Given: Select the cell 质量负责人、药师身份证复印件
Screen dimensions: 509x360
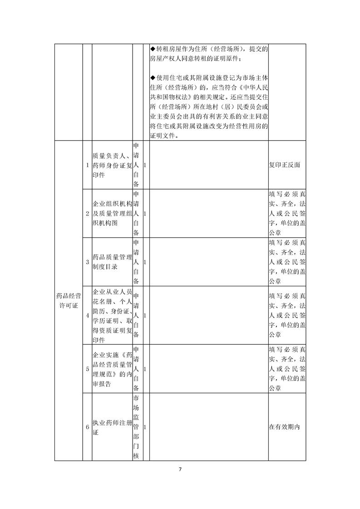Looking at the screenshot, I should point(112,165).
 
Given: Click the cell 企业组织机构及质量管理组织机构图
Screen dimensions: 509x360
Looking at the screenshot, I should point(112,213).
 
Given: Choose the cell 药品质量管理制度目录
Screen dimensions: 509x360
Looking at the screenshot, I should point(112,262).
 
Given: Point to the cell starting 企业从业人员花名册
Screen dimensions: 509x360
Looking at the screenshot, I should point(112,315).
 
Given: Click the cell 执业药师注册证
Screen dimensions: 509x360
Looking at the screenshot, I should point(112,427).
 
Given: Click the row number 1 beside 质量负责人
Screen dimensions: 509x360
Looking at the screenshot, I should point(87,165).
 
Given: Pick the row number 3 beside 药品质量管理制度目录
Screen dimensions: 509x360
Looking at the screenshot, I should point(87,262).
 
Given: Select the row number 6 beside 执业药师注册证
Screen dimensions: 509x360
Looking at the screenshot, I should point(87,427).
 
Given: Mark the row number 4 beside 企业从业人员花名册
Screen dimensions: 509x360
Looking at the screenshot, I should point(87,315).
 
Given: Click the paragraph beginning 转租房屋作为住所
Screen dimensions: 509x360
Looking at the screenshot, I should point(209,54).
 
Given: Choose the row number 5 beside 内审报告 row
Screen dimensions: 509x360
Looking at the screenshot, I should point(87,368).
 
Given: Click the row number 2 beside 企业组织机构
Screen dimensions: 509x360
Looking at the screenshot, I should point(87,213).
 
